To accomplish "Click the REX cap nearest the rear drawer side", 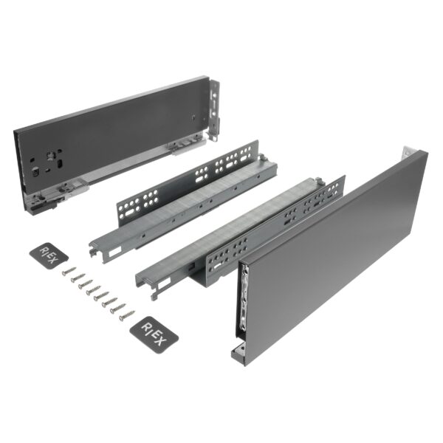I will click(51, 255).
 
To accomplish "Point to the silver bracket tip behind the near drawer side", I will click(404, 153).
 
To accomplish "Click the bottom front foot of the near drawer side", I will click(238, 353).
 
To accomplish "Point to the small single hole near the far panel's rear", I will click(193, 117).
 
